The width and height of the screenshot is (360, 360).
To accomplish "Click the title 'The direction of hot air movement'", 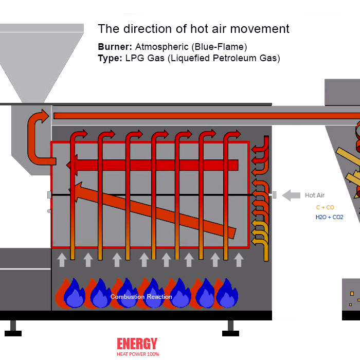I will click(x=193, y=29).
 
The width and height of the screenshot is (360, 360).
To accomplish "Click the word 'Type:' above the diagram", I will click(x=110, y=58).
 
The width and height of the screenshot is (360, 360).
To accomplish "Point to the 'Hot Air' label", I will click(x=315, y=195).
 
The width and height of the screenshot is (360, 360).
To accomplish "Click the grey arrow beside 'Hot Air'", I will click(x=291, y=195).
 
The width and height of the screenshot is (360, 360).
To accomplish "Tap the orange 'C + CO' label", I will click(x=325, y=207).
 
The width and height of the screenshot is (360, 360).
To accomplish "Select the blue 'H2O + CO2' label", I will click(x=329, y=217).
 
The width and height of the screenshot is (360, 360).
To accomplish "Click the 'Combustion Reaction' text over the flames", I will click(x=141, y=297).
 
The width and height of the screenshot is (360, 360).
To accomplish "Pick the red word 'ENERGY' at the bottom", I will click(x=137, y=344).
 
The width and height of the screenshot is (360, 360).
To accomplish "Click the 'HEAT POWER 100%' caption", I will click(x=138, y=354).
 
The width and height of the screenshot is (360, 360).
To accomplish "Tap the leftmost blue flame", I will click(x=74, y=294).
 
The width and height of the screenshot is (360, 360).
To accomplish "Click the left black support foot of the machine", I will click(x=13, y=329).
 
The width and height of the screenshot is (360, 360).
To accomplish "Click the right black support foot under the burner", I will click(x=231, y=329).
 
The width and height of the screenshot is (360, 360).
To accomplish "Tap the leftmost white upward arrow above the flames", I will click(x=62, y=259).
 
